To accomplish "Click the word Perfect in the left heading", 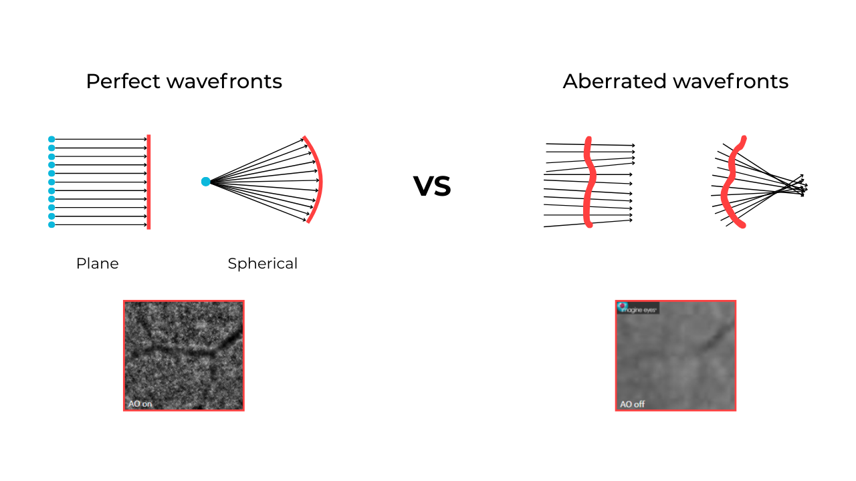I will coord(123,82).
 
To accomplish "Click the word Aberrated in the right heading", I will coord(615,82).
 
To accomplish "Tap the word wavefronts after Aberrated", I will coord(730,82).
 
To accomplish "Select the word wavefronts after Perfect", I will coord(224,82).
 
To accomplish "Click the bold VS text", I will coord(432,186).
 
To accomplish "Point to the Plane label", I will coord(98,264).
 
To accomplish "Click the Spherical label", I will coord(262,264).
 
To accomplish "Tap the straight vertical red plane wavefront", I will coord(148,182).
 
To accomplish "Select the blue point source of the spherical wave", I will coord(206,182).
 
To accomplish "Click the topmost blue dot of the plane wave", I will coord(51,139).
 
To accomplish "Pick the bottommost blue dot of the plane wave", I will coord(51,225).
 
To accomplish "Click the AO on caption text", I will coord(140,404).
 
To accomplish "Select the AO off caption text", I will coord(632,404).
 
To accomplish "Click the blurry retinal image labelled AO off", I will coord(675,357).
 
